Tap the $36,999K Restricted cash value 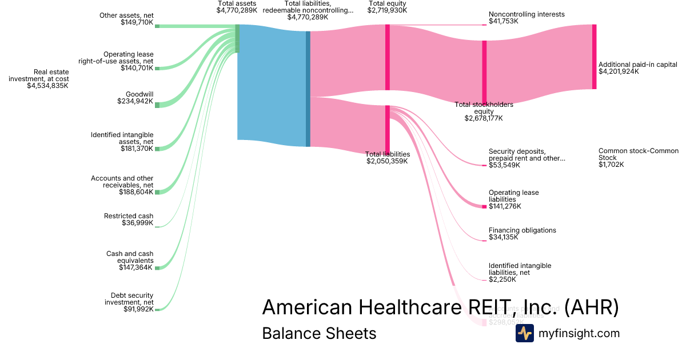coord(138,223)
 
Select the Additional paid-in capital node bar coord(594,57)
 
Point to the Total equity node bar coord(387,57)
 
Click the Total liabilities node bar coord(387,128)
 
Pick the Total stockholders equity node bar coord(484,72)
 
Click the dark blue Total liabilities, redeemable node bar coord(308,89)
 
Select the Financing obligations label coord(522,230)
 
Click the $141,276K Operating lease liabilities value coord(505,206)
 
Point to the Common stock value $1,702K coord(611,165)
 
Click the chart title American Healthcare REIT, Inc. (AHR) coord(440,307)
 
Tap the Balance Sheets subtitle coord(319,333)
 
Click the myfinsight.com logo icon coord(524,333)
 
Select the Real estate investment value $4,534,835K coord(47,86)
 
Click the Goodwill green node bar coord(157,105)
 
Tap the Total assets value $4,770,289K coord(237,10)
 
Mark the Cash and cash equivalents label coord(130,257)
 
